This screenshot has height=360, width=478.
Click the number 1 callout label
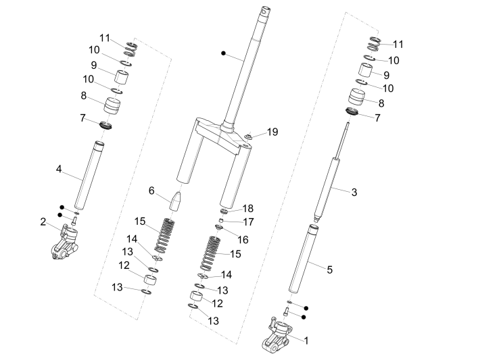coord(306,340)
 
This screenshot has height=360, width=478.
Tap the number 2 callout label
coord(43,222)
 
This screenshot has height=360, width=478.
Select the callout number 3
coord(354,192)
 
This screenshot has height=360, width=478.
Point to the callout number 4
coord(59,168)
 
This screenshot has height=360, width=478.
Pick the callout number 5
coord(329,269)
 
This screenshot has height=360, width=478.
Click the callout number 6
coord(151,191)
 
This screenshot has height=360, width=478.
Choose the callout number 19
coord(272,132)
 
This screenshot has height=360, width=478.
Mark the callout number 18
coord(249,209)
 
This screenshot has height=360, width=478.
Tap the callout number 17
coord(249,222)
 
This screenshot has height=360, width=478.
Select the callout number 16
coord(242,239)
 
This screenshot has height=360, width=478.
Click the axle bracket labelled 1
coord(277,336)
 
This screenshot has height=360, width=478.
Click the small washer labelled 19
coord(249,139)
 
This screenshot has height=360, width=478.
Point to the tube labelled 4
coord(89,176)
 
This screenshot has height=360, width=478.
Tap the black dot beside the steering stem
coord(223,52)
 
